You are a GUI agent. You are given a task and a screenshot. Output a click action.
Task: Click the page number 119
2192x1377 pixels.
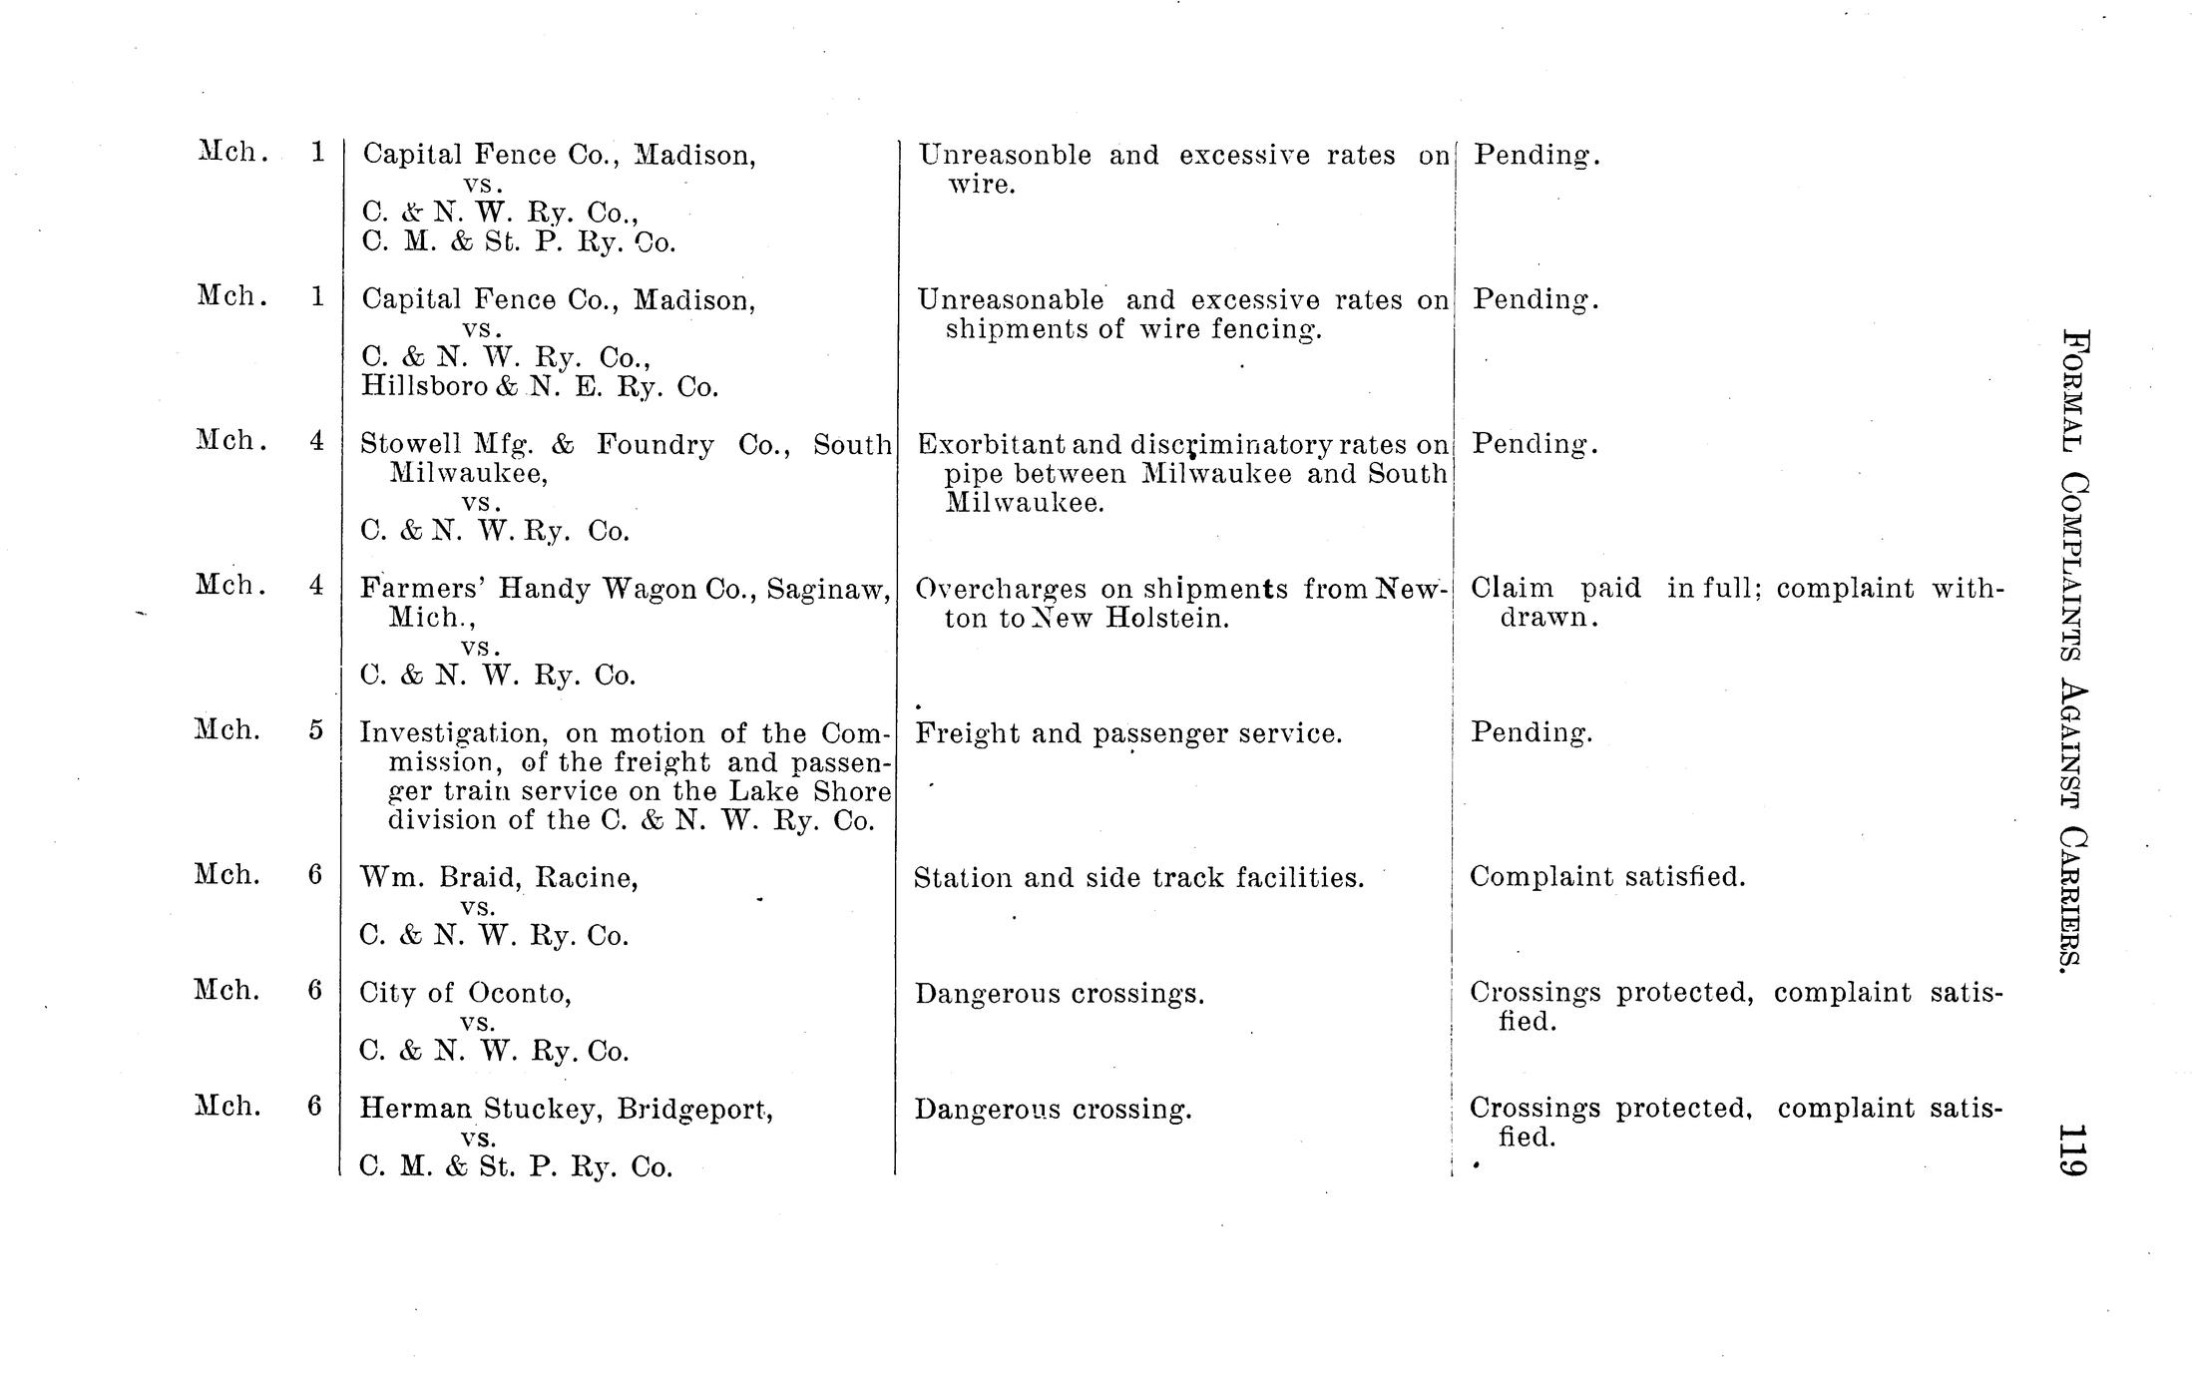2070,1150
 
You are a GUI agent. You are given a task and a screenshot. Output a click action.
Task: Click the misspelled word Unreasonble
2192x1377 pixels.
1006,155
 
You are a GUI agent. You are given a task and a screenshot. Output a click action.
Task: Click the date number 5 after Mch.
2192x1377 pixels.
315,730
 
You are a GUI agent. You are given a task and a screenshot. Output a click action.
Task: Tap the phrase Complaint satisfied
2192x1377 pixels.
1607,877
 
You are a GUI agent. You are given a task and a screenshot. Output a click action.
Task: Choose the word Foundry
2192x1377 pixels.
655,444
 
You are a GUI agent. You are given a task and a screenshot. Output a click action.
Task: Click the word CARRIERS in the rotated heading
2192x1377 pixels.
2071,900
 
